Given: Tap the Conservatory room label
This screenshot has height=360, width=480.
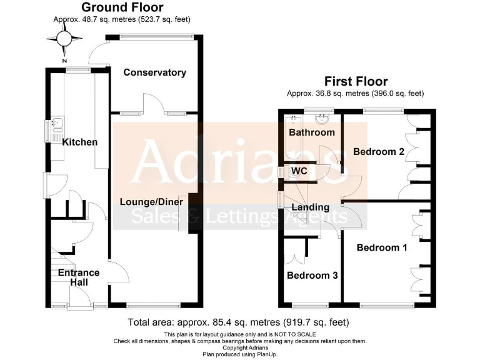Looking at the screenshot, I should click(154, 72).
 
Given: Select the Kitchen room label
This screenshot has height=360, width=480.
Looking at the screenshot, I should click(79, 142).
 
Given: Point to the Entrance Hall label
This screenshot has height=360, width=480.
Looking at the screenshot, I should click(79, 277).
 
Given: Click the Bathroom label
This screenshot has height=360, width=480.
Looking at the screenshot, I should click(311, 132).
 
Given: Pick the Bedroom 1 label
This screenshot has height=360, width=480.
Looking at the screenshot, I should click(382, 247).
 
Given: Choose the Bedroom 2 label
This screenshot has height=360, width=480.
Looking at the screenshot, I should click(379, 151).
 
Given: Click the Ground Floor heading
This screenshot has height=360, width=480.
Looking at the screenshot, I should click(122, 7).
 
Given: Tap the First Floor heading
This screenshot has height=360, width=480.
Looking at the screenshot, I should click(356, 81).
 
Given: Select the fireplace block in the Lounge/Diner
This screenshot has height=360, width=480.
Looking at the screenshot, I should click(192, 216).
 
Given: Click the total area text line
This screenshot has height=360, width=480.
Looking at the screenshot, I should click(237, 322).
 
